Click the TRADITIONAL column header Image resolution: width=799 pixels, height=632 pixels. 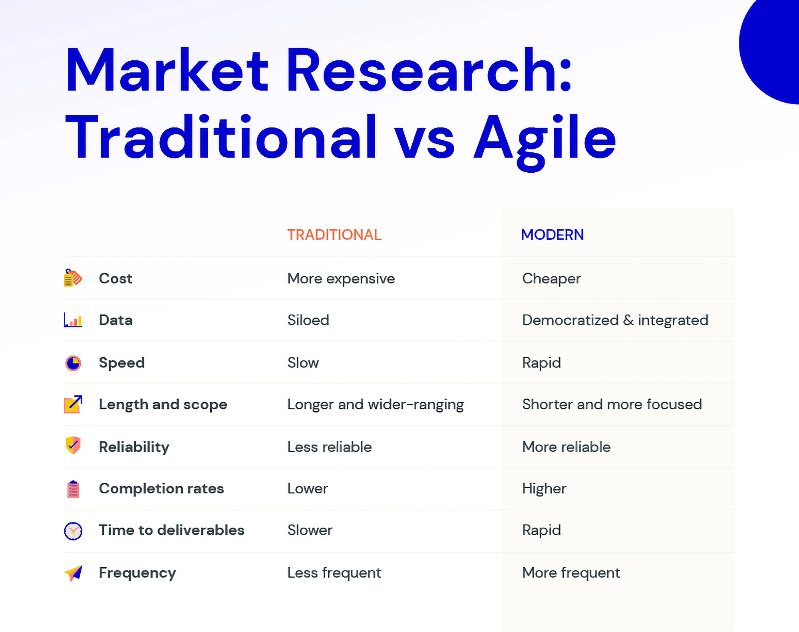click(334, 235)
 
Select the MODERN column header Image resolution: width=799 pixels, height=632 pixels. click(553, 235)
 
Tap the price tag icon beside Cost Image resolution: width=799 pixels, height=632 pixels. click(73, 278)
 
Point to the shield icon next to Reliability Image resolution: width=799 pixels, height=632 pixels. click(73, 445)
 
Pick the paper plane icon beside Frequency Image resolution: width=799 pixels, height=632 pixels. click(74, 573)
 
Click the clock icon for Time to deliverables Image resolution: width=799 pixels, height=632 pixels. click(73, 531)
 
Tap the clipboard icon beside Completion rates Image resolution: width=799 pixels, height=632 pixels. click(73, 488)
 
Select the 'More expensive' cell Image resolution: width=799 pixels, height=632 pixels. click(341, 279)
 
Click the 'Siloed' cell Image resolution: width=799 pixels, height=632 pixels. click(308, 320)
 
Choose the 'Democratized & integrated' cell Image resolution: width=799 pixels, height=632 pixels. click(615, 320)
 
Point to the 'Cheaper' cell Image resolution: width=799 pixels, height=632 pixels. click(551, 279)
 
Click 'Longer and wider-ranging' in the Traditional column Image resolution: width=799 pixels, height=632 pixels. click(376, 405)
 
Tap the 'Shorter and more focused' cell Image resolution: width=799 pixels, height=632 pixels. click(612, 404)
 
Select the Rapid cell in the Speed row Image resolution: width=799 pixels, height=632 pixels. click(542, 363)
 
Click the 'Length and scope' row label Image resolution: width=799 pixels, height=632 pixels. click(163, 405)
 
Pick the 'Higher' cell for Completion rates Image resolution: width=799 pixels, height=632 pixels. click(544, 489)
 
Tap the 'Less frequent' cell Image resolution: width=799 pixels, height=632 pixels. click(334, 573)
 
